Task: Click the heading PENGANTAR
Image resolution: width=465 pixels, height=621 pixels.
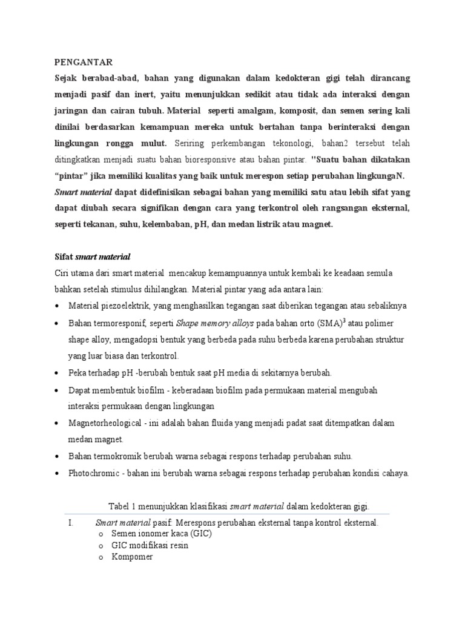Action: tap(84, 62)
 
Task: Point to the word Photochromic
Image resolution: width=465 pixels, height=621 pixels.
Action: tap(94, 473)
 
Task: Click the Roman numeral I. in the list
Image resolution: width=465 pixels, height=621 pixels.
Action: tap(67, 522)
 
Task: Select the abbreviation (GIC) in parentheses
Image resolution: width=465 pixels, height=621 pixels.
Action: tap(201, 534)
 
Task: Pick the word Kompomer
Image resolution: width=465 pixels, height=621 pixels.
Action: tap(132, 557)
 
